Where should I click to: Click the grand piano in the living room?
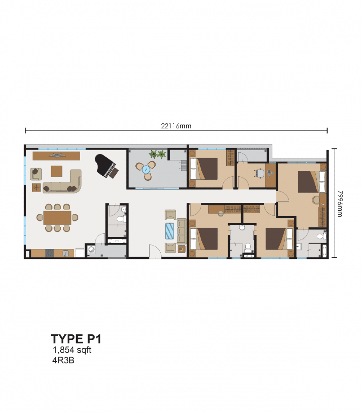point(106,166)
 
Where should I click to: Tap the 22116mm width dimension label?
point(176,127)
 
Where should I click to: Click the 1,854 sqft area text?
point(72,350)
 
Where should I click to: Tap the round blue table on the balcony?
point(146,169)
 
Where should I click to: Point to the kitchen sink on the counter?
point(66,253)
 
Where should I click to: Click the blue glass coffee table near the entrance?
point(170,231)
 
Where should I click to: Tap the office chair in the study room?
point(259,173)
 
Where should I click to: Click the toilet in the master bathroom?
point(320,235)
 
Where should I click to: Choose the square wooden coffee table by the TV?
point(57,171)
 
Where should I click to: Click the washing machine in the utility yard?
point(91,250)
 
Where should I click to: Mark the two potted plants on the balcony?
point(157,154)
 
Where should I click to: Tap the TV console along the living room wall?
point(57,155)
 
